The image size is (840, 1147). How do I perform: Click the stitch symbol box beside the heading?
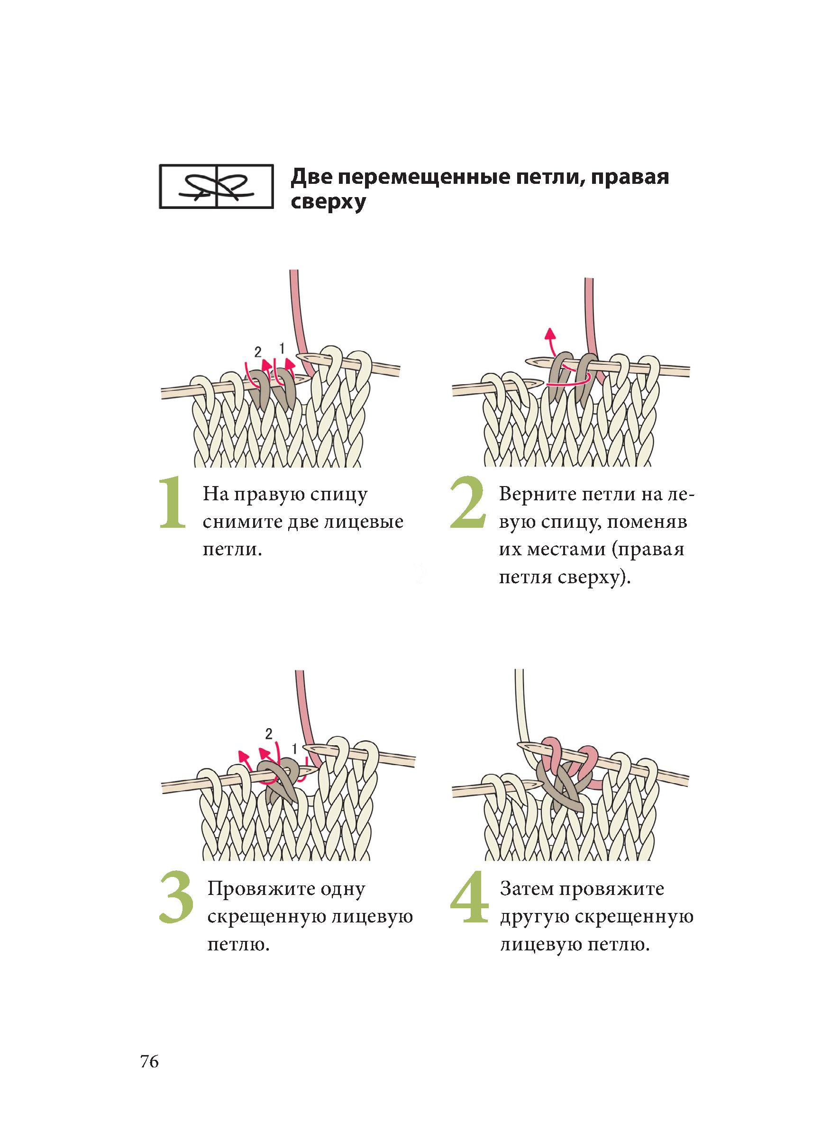[216, 187]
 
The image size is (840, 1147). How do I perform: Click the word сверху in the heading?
[328, 202]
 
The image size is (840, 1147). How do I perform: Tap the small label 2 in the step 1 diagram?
[258, 351]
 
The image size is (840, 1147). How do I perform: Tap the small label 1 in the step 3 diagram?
[294, 748]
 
